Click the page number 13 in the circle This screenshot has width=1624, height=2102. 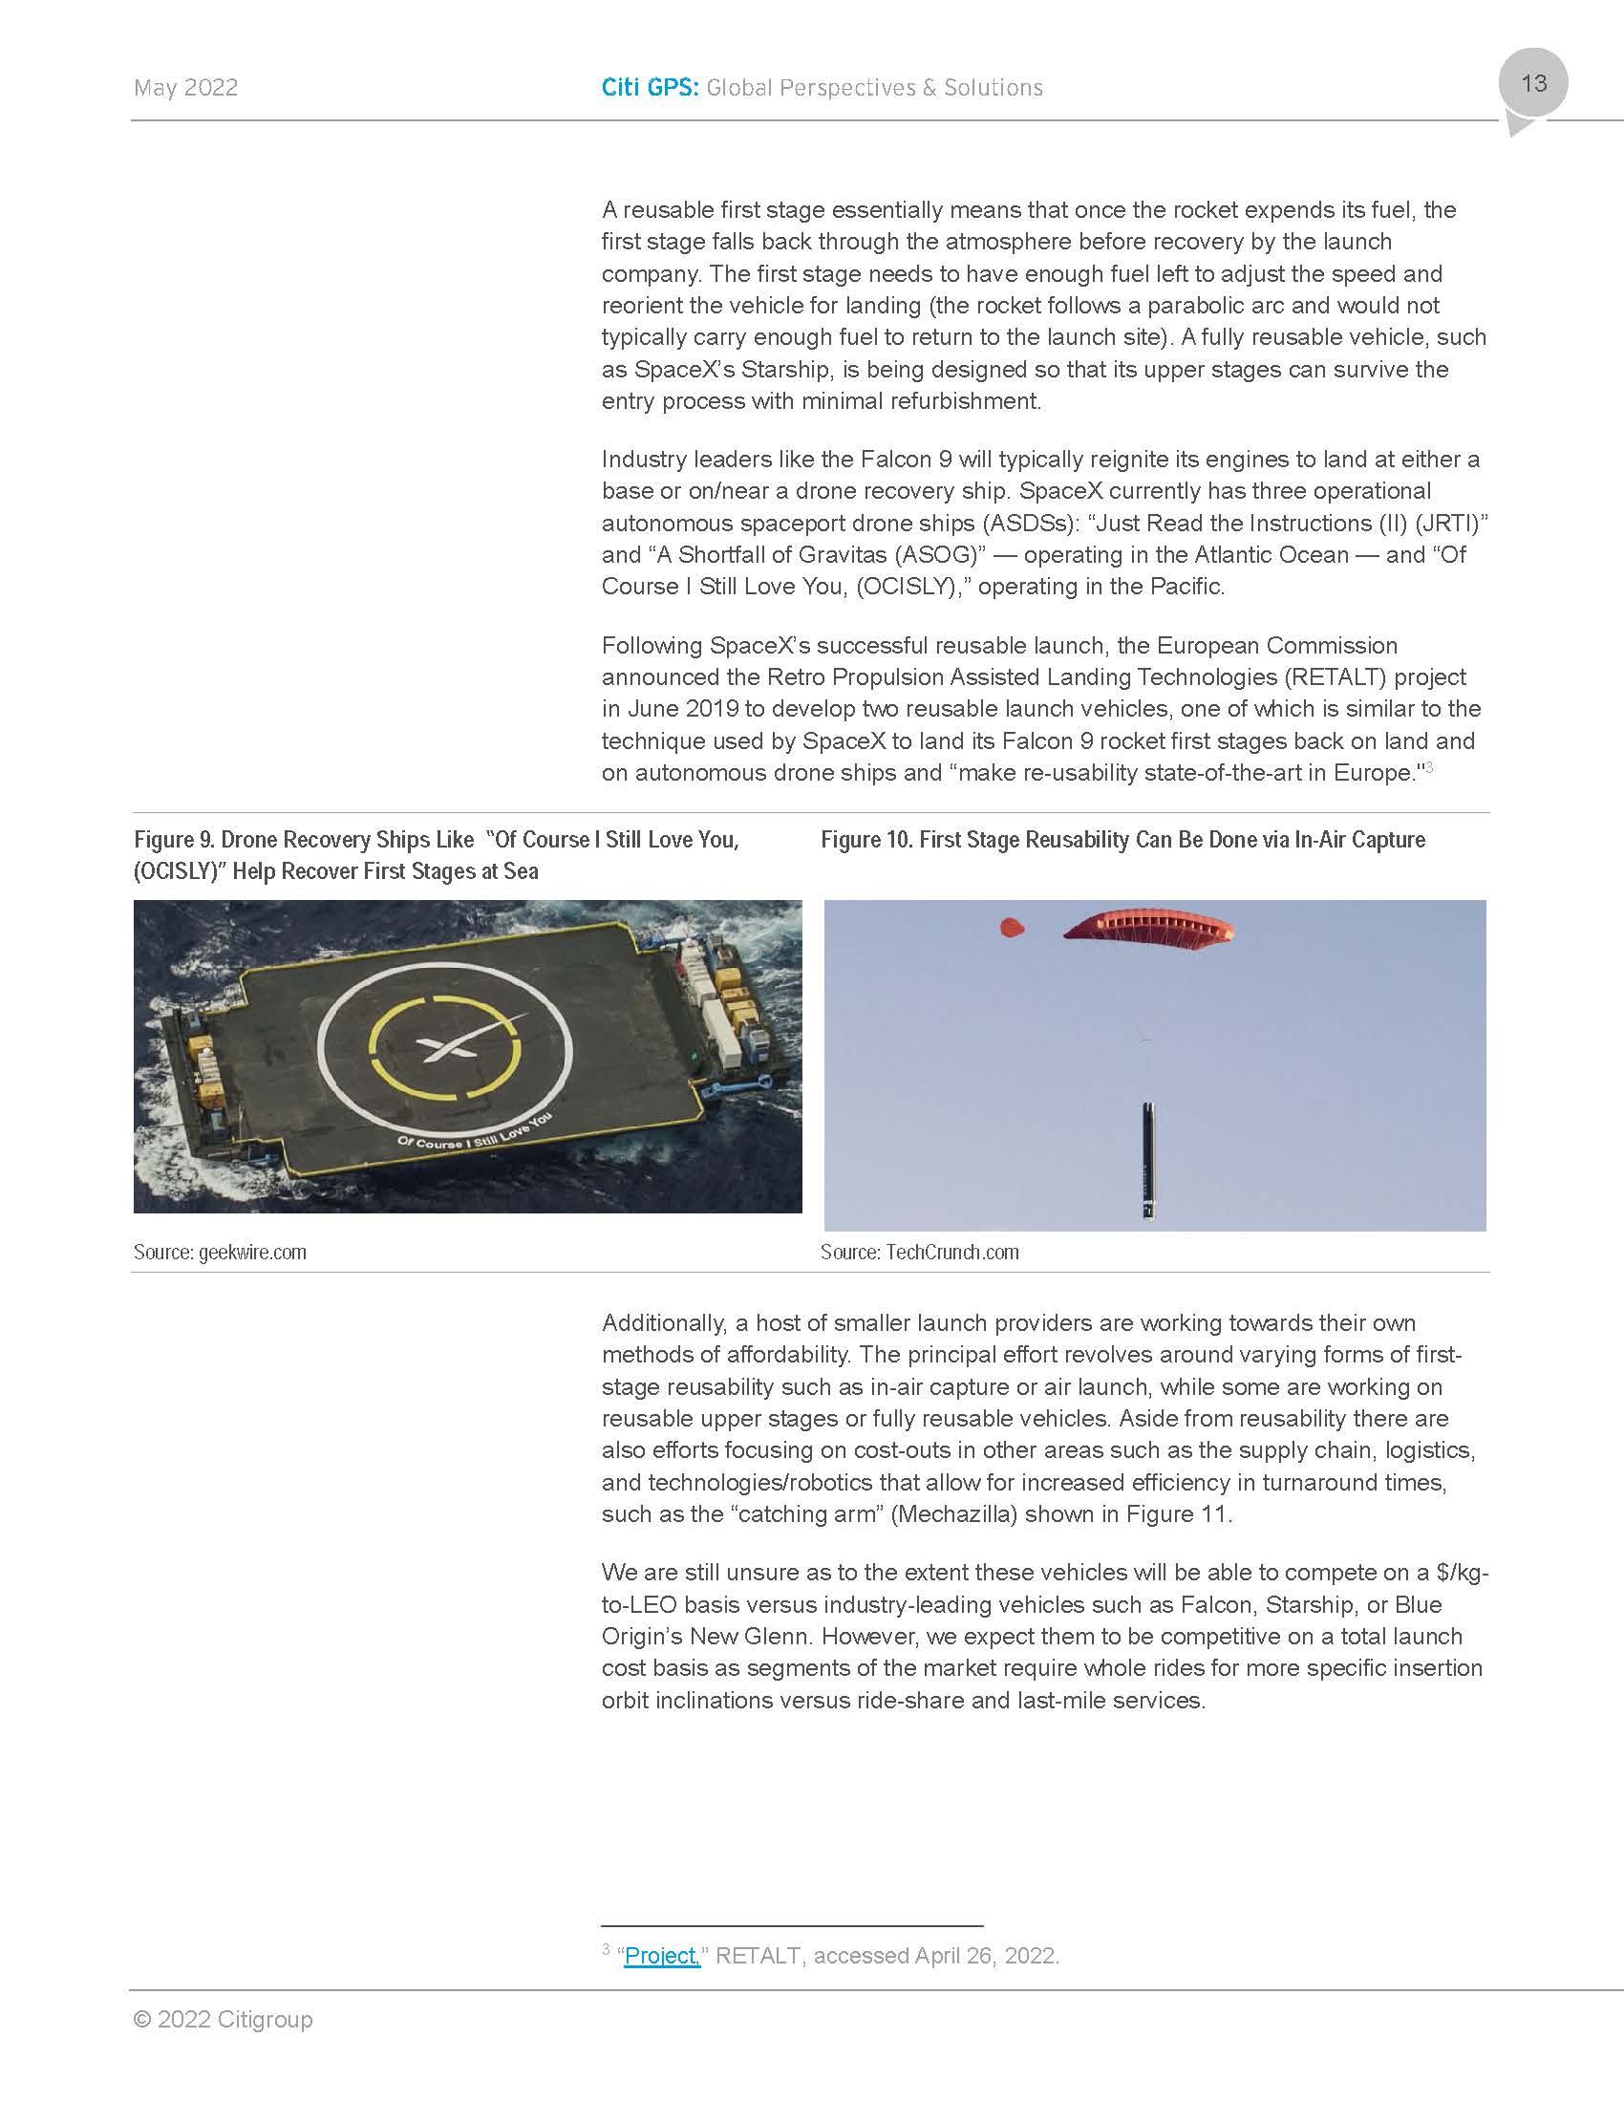pyautogui.click(x=1533, y=84)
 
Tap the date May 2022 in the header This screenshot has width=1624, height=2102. pyautogui.click(x=185, y=88)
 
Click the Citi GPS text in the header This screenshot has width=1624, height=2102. pyautogui.click(x=650, y=88)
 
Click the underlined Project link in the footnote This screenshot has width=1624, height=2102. pyautogui.click(x=662, y=1956)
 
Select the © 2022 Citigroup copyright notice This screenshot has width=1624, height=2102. pyautogui.click(x=224, y=2019)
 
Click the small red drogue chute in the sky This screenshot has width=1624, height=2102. pyautogui.click(x=1012, y=928)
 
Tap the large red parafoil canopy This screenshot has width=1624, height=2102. pyautogui.click(x=1148, y=928)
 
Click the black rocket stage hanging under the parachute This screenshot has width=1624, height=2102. pyautogui.click(x=1148, y=1160)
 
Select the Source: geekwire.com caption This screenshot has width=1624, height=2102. pyautogui.click(x=221, y=1253)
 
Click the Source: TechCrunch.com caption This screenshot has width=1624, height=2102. pyautogui.click(x=919, y=1253)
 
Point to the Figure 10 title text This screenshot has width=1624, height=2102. pyautogui.click(x=1122, y=840)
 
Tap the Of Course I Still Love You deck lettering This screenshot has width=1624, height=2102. pyautogui.click(x=470, y=1133)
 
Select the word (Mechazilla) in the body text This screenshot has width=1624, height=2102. pyautogui.click(x=953, y=1514)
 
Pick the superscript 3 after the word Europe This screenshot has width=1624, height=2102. pyautogui.click(x=1429, y=767)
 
